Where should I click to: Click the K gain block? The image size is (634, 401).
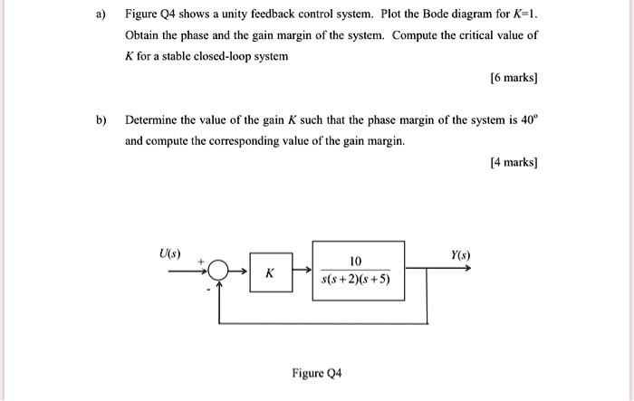coord(271,272)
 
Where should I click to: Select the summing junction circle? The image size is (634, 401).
coord(219,270)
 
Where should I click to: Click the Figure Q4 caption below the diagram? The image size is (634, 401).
coord(316,373)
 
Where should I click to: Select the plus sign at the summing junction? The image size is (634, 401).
coord(203,260)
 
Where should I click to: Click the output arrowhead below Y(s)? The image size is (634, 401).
coord(466,269)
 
